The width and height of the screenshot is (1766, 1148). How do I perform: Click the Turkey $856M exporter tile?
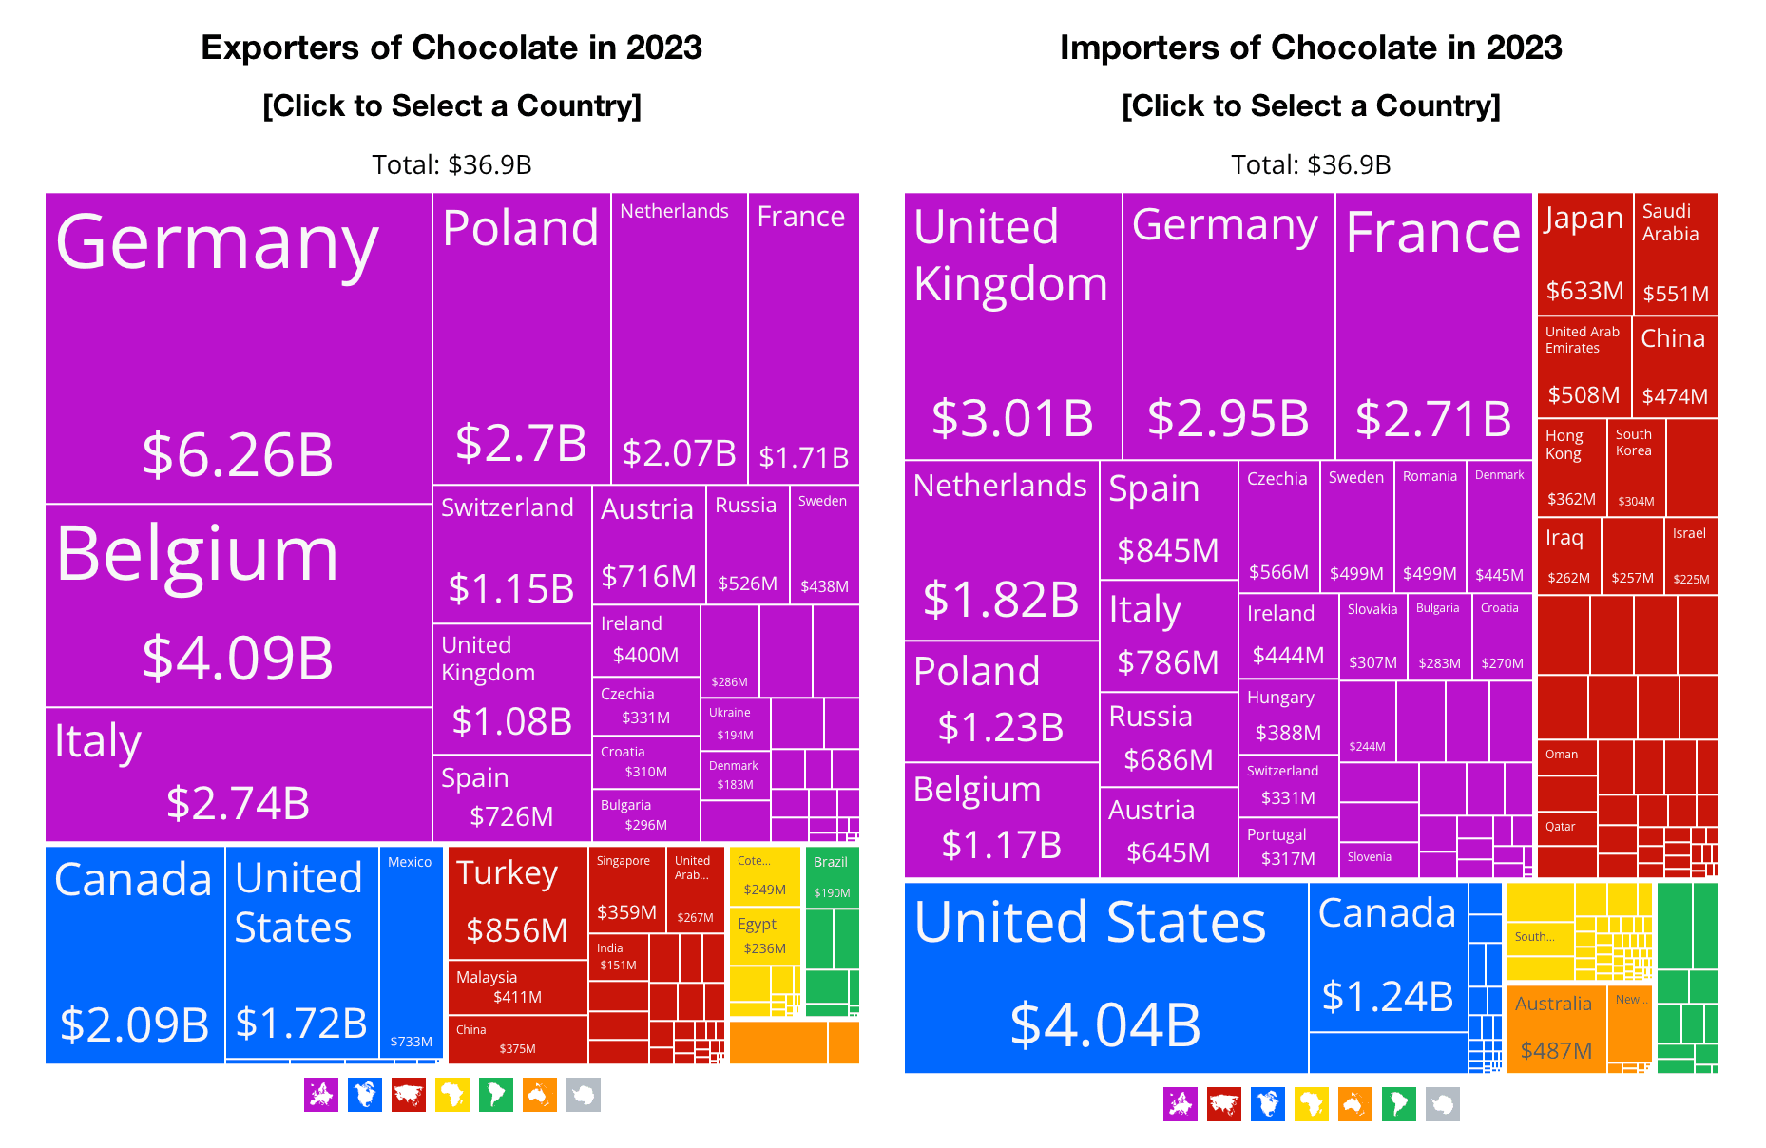(x=517, y=903)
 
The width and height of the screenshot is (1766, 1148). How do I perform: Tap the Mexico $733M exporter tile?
(x=411, y=950)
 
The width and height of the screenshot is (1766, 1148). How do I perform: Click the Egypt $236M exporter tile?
(x=764, y=936)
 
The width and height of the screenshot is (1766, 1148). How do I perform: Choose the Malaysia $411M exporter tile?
(x=517, y=987)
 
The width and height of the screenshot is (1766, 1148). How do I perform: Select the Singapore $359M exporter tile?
(x=625, y=889)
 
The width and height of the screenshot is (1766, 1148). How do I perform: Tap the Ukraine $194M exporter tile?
(x=735, y=723)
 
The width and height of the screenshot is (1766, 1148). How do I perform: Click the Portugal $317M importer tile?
(x=1288, y=847)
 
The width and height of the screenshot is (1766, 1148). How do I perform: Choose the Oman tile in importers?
(x=1566, y=756)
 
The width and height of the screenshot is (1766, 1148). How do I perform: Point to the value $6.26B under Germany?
(x=238, y=454)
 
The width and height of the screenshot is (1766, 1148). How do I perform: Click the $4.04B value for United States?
(x=1104, y=1024)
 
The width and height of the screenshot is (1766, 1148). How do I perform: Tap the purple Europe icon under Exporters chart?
(x=321, y=1095)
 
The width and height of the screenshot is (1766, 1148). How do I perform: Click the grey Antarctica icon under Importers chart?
(x=1442, y=1104)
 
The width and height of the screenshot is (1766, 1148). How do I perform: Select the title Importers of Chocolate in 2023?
(x=1311, y=48)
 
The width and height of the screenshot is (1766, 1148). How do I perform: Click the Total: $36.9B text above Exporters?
(x=451, y=164)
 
